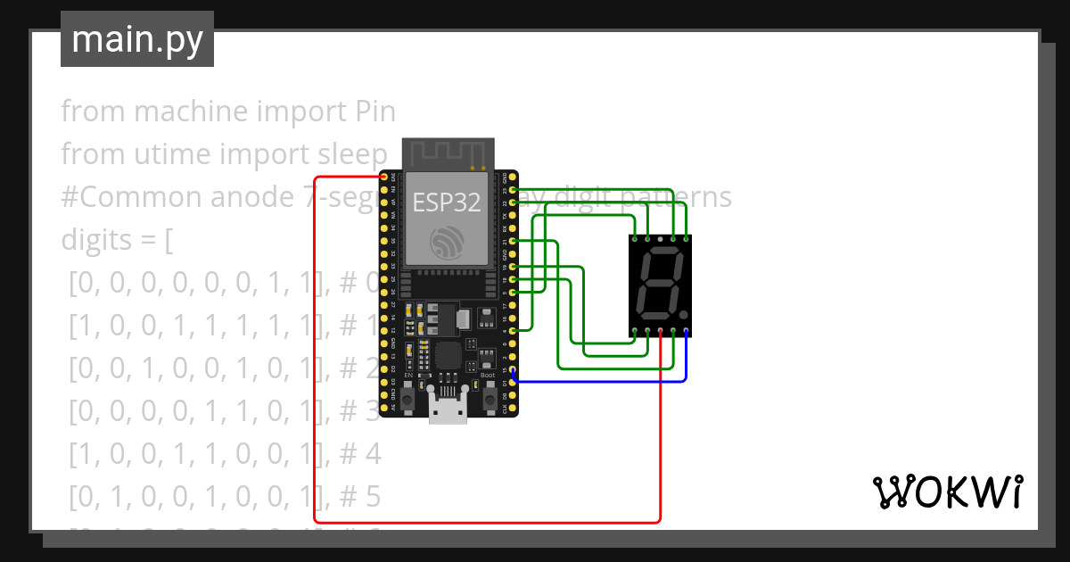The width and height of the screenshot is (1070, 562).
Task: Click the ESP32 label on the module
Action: (447, 202)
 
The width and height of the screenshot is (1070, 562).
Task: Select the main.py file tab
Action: (137, 39)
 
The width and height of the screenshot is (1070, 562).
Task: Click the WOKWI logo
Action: (946, 492)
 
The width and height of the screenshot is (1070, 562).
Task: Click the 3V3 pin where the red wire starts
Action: (384, 178)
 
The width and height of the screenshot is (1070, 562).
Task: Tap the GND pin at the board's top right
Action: (512, 178)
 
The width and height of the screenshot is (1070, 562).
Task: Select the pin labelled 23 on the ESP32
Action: (512, 190)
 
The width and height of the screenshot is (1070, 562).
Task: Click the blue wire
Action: (597, 382)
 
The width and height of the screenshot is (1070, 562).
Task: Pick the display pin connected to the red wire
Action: (660, 331)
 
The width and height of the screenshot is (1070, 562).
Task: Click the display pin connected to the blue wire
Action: (686, 331)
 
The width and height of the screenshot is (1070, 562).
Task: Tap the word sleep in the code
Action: (352, 153)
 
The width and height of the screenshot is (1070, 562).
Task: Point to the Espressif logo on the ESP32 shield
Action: (447, 244)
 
